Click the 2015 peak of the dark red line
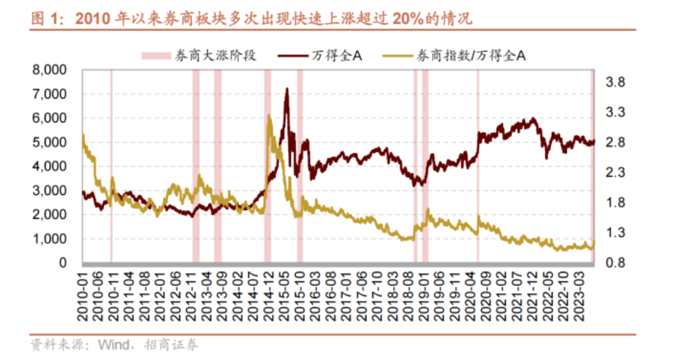click(x=286, y=89)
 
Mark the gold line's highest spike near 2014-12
click(x=269, y=116)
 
